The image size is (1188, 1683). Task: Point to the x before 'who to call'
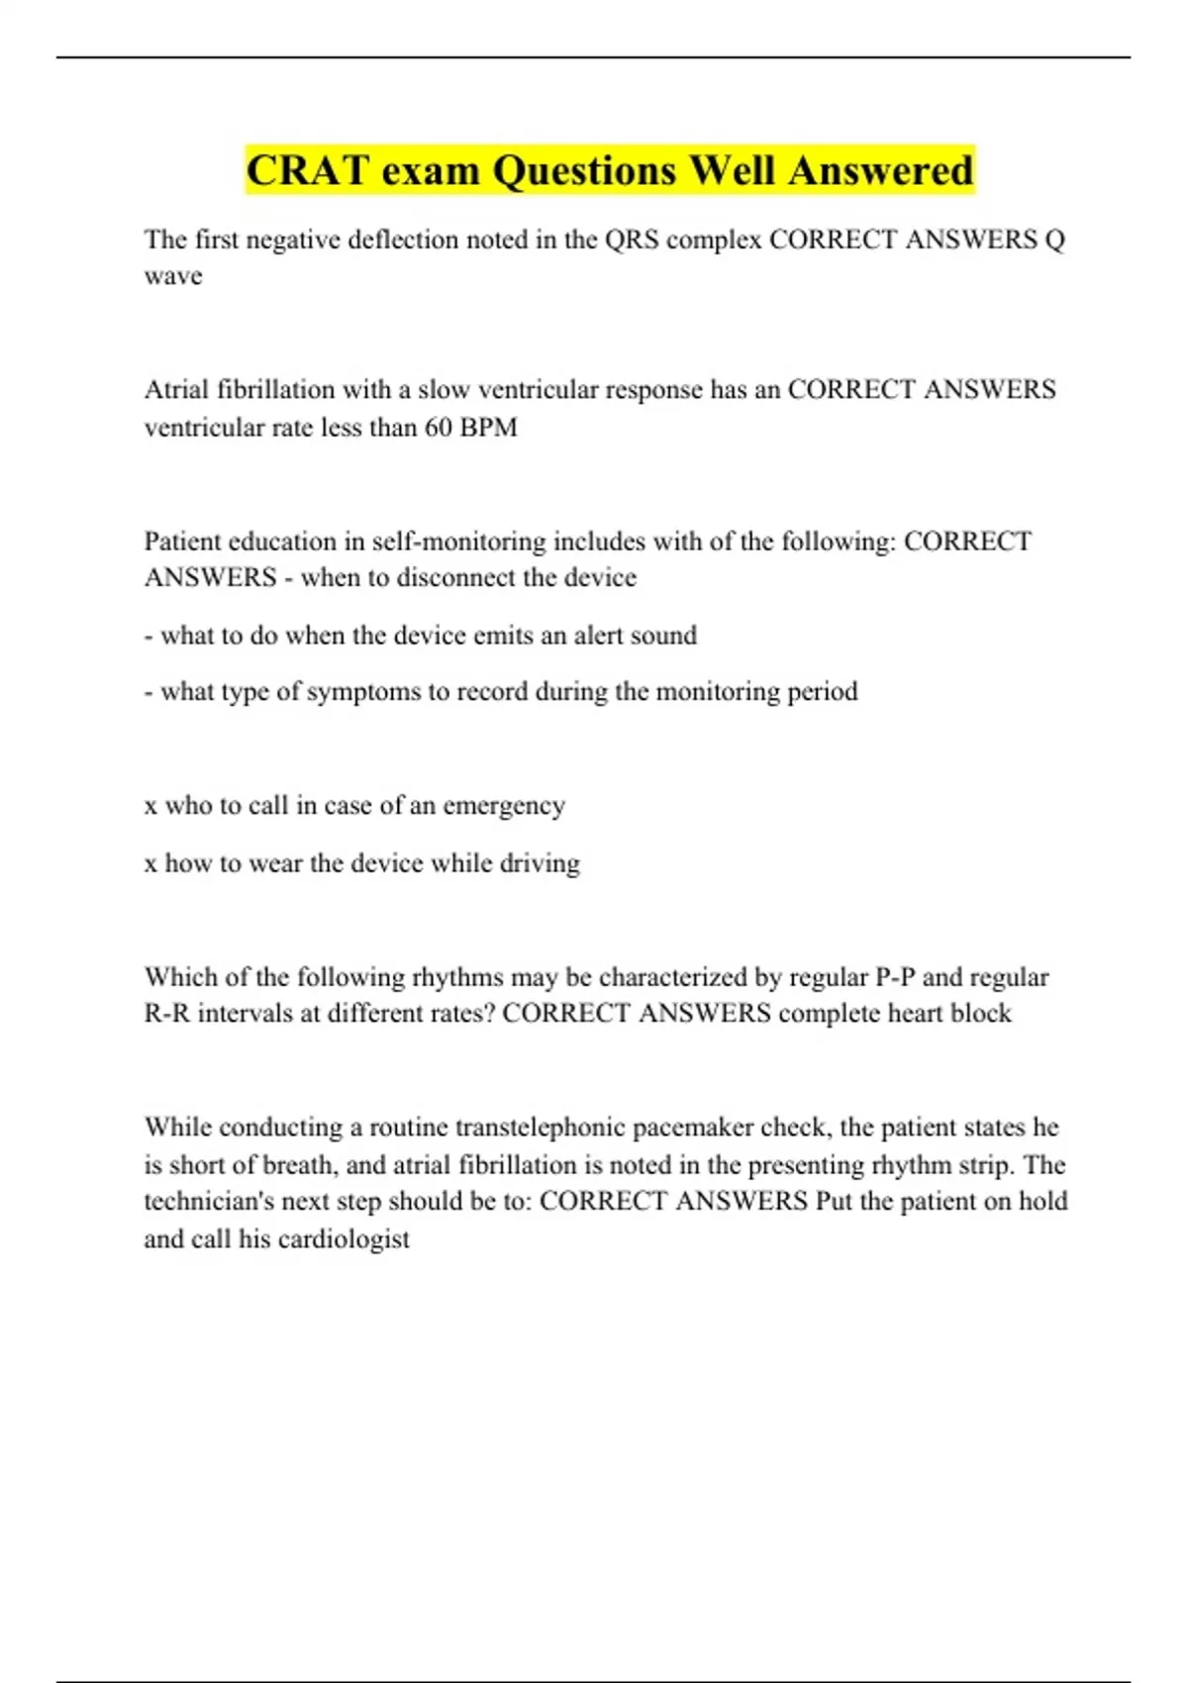pyautogui.click(x=150, y=807)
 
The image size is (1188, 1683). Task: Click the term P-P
pyautogui.click(x=895, y=978)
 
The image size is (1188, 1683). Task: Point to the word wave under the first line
pyautogui.click(x=173, y=276)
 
